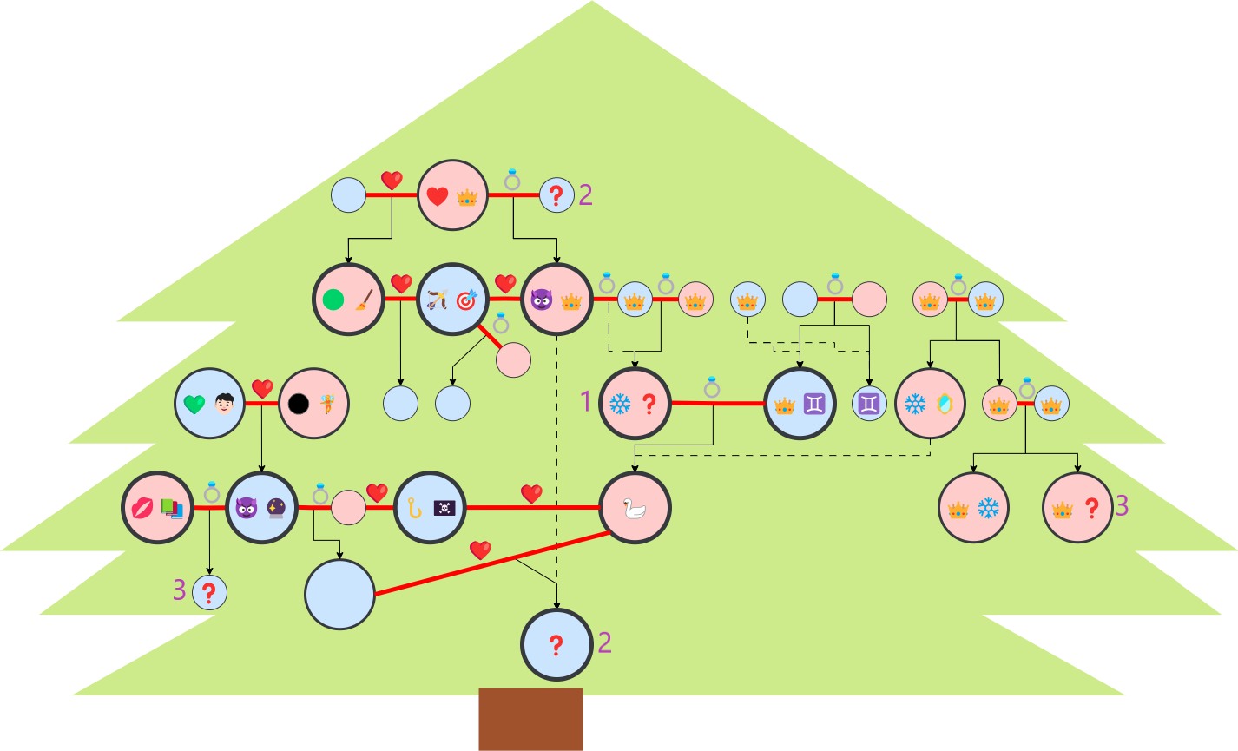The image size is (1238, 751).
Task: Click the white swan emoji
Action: pos(635,508)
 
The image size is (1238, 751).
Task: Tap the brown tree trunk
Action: pos(530,719)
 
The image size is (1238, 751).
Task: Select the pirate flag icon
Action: pos(444,508)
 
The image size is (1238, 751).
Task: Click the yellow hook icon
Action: pos(414,508)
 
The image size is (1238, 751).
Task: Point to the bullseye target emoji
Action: pos(466,300)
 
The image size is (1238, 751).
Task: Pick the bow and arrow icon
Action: pos(437,300)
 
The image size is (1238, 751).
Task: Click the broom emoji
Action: pos(363,300)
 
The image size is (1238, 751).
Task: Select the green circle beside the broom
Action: pos(333,300)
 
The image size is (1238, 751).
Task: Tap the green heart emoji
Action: pos(194,405)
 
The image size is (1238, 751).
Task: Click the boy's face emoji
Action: pos(225,405)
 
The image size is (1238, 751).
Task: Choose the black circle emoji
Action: pos(299,405)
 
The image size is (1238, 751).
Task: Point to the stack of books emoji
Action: pos(172,508)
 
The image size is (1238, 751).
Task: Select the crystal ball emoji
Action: pos(276,508)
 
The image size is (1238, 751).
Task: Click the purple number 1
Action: pos(585,401)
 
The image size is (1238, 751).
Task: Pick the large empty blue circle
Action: pos(339,595)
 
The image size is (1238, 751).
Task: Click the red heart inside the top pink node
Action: pos(437,197)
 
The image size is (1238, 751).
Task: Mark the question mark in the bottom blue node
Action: pos(556,645)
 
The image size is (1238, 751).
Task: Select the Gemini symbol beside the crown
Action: pos(814,404)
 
